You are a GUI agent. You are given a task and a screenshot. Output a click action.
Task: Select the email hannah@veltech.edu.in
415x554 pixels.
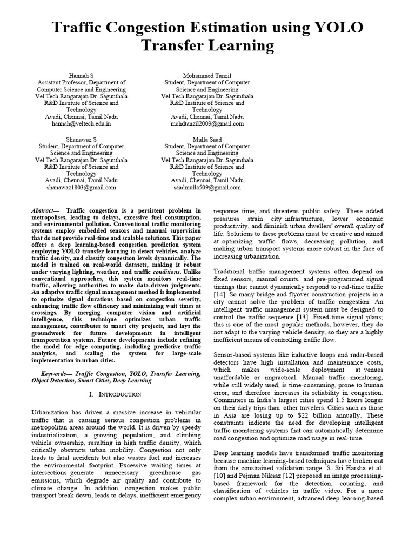coord(81,123)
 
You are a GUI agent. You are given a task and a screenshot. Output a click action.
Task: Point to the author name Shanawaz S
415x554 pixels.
coord(81,138)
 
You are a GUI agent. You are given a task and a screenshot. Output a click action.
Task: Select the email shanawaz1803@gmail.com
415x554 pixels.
coord(81,187)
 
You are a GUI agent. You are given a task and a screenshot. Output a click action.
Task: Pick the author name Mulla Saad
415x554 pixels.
coord(207,138)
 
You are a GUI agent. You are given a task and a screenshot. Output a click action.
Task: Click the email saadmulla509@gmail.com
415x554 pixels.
coord(207,187)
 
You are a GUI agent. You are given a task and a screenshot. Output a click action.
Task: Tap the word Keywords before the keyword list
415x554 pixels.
coord(56,373)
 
